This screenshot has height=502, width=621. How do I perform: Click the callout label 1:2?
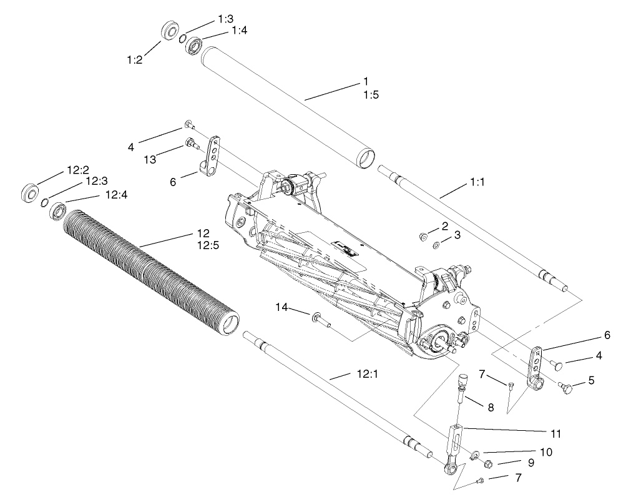(135, 60)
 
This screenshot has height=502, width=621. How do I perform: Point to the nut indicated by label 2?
(423, 236)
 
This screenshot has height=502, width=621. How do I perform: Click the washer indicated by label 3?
(435, 244)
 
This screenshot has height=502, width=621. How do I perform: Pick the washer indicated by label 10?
(476, 455)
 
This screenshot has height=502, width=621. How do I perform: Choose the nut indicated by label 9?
(489, 464)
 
